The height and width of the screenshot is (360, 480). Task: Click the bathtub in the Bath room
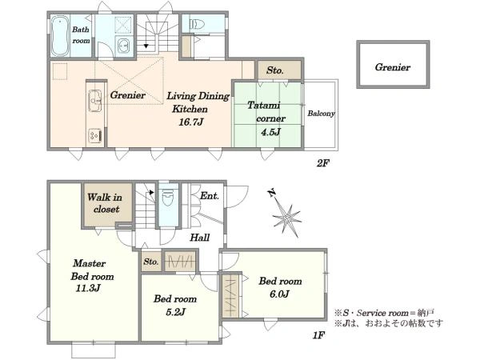click(60, 36)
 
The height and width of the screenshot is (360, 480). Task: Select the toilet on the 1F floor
click(168, 198)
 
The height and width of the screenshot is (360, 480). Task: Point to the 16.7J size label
click(191, 122)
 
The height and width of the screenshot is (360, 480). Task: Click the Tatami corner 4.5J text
click(266, 118)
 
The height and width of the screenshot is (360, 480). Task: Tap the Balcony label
click(321, 114)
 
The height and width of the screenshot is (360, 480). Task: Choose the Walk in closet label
click(105, 203)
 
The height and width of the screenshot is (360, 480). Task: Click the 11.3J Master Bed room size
click(88, 288)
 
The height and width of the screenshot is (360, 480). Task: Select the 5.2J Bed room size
click(176, 312)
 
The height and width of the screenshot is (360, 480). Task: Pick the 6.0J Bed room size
click(279, 294)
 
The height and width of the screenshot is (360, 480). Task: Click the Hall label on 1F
click(200, 238)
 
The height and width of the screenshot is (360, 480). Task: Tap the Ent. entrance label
click(210, 196)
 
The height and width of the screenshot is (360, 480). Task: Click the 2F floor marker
click(322, 163)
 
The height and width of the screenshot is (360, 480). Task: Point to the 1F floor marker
click(318, 335)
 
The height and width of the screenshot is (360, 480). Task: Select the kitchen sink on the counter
click(95, 101)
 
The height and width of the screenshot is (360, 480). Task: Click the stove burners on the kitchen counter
click(95, 136)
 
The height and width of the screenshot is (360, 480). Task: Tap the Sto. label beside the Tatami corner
click(275, 70)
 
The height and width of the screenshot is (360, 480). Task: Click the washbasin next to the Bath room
click(124, 46)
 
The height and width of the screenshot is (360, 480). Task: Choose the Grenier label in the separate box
click(393, 67)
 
